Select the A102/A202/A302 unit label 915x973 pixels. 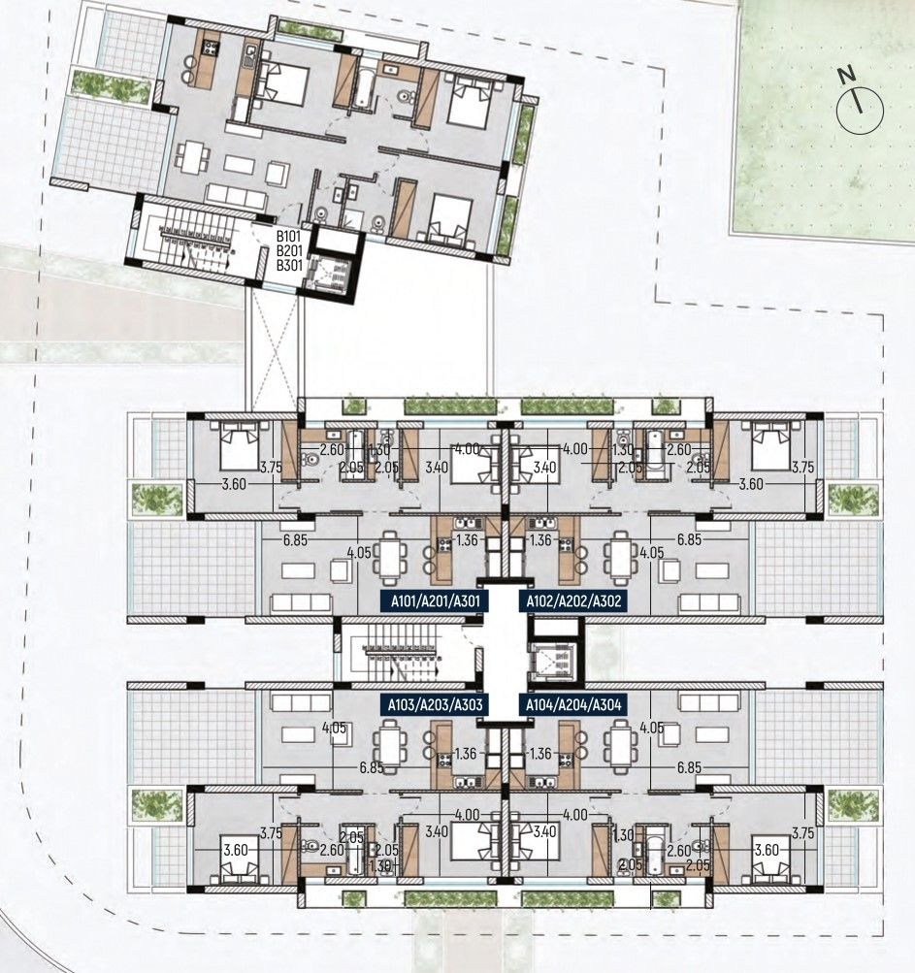pyautogui.click(x=572, y=601)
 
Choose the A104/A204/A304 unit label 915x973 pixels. pyautogui.click(x=572, y=705)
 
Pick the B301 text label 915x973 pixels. pyautogui.click(x=290, y=265)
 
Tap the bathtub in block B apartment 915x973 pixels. pyautogui.click(x=363, y=88)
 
